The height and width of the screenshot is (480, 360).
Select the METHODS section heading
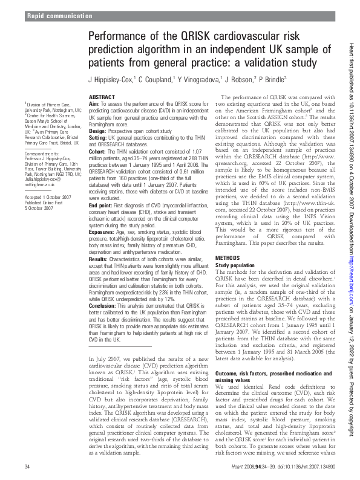coord(231,274)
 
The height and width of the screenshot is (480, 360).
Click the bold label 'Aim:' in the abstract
coord(94,104)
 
